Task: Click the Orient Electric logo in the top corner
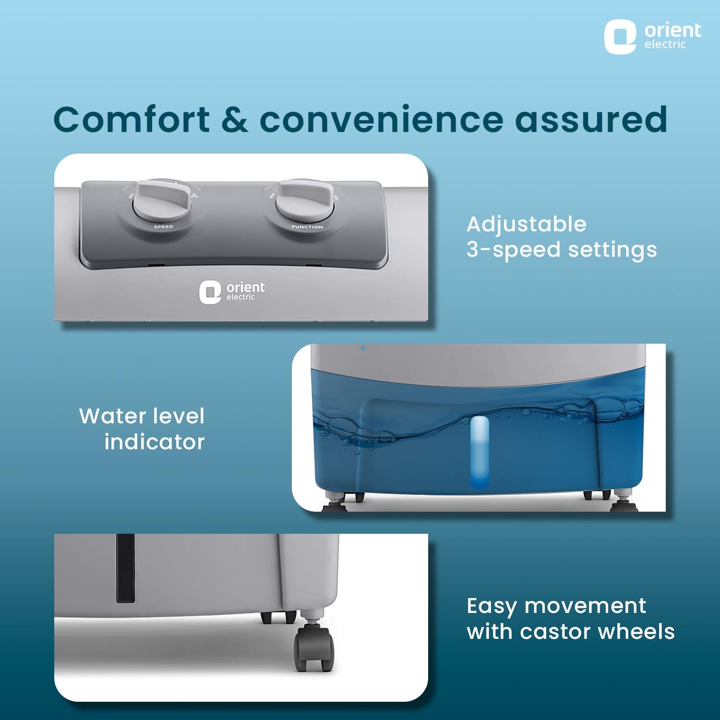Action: [x=652, y=36]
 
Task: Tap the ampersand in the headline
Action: [x=235, y=119]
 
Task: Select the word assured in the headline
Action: [x=591, y=119]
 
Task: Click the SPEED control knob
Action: [x=162, y=202]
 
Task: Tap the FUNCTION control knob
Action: [x=304, y=202]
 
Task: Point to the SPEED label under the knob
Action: [x=163, y=227]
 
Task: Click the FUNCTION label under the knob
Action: [x=307, y=227]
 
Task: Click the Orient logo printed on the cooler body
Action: [x=232, y=292]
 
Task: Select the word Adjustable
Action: [x=527, y=225]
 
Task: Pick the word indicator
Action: [x=155, y=442]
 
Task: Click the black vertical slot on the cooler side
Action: [x=125, y=568]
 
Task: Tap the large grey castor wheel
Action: [x=314, y=648]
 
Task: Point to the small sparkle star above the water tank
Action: [x=363, y=348]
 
